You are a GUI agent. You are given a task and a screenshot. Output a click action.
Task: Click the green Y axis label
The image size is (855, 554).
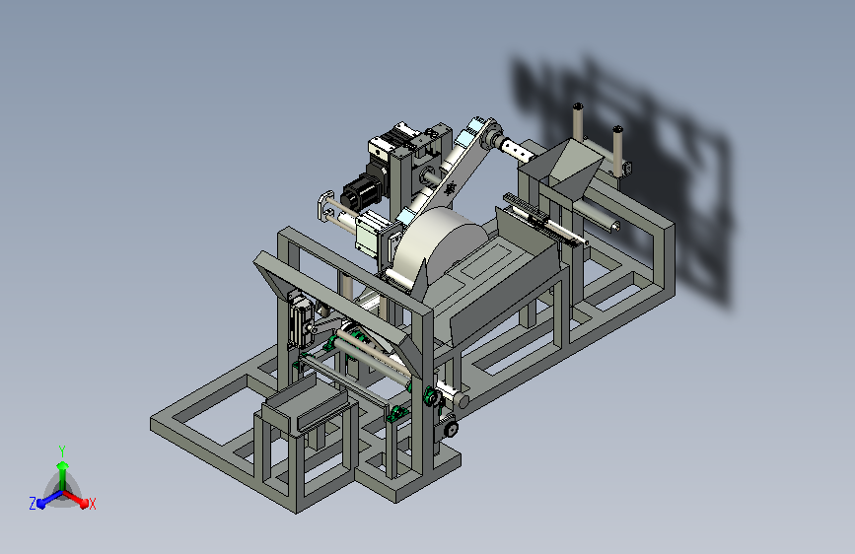[62, 450]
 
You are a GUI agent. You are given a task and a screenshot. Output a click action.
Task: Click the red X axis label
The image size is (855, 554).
[92, 505]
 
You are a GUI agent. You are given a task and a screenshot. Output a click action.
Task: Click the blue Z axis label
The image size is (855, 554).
[33, 504]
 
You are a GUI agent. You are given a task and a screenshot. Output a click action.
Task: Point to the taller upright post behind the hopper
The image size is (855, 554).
[578, 122]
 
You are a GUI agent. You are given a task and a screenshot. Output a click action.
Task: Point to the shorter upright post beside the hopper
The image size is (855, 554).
[617, 150]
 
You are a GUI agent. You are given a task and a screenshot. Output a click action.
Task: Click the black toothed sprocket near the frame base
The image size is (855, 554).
[451, 429]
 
